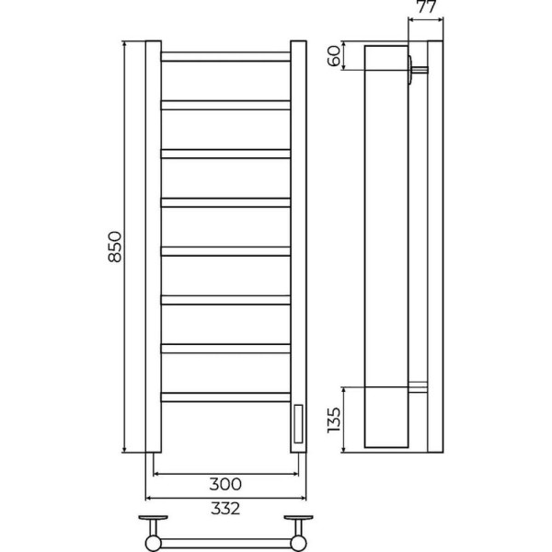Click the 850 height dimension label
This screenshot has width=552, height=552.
click(115, 247)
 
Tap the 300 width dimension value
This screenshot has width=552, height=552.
click(225, 484)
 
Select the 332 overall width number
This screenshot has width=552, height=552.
click(225, 509)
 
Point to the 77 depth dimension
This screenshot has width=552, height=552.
click(426, 6)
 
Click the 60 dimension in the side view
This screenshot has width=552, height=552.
click(335, 55)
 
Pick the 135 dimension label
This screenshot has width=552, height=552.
click(334, 420)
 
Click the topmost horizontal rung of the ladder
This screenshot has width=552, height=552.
click(225, 57)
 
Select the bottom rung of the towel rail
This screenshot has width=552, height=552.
click(225, 397)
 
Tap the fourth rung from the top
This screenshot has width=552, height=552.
click(225, 202)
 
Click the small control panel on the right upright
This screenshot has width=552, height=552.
click(298, 424)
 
